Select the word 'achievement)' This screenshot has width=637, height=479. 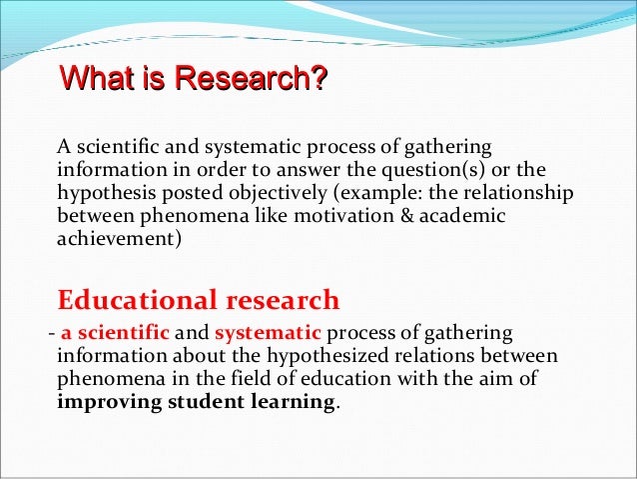[119, 239]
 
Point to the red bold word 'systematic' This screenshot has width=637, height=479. [267, 333]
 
